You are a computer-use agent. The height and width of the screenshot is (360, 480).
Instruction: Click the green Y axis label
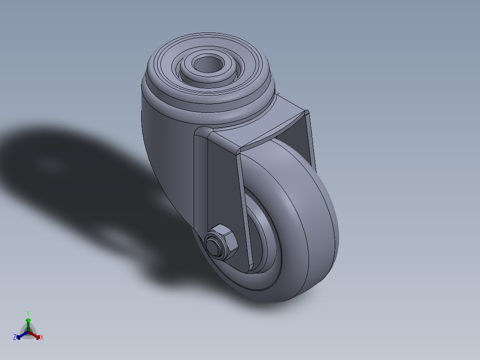point(28,313)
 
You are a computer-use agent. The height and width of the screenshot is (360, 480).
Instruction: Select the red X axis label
point(42,338)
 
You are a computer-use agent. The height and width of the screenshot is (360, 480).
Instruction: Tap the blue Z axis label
point(15,338)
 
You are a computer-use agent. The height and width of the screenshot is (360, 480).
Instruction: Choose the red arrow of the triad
point(37,335)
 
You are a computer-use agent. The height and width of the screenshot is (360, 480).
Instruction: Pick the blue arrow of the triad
point(20,335)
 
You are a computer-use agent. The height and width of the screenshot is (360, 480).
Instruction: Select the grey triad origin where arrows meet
point(28,332)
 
